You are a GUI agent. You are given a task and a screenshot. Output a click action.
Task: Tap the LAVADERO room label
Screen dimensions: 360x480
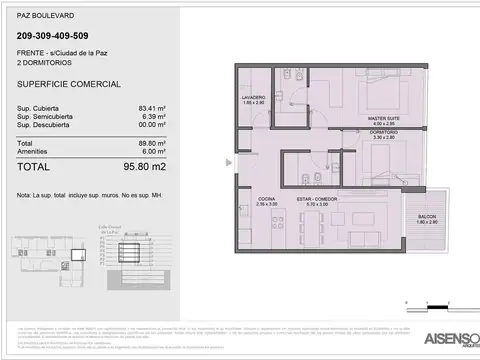click(253, 98)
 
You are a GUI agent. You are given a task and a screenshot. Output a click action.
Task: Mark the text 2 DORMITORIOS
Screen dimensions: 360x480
click(45, 62)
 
